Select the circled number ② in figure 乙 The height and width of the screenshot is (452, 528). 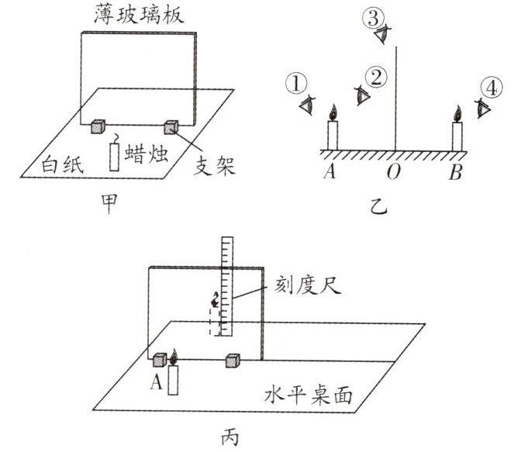click(376, 77)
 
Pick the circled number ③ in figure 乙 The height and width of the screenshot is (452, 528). click(374, 15)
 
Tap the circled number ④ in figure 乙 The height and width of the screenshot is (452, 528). click(493, 86)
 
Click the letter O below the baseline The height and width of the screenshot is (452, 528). click(394, 171)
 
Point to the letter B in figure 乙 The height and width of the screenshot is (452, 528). click(455, 171)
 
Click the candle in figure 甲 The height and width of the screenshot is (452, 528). click(115, 154)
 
